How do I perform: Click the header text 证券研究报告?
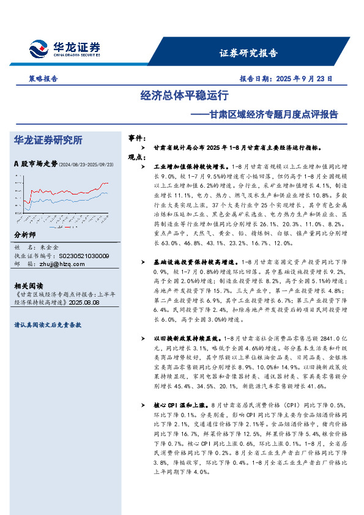tap(248, 53)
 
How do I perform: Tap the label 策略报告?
tap(43, 79)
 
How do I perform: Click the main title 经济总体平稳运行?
tap(184, 96)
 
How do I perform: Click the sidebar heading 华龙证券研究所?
tap(48, 141)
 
